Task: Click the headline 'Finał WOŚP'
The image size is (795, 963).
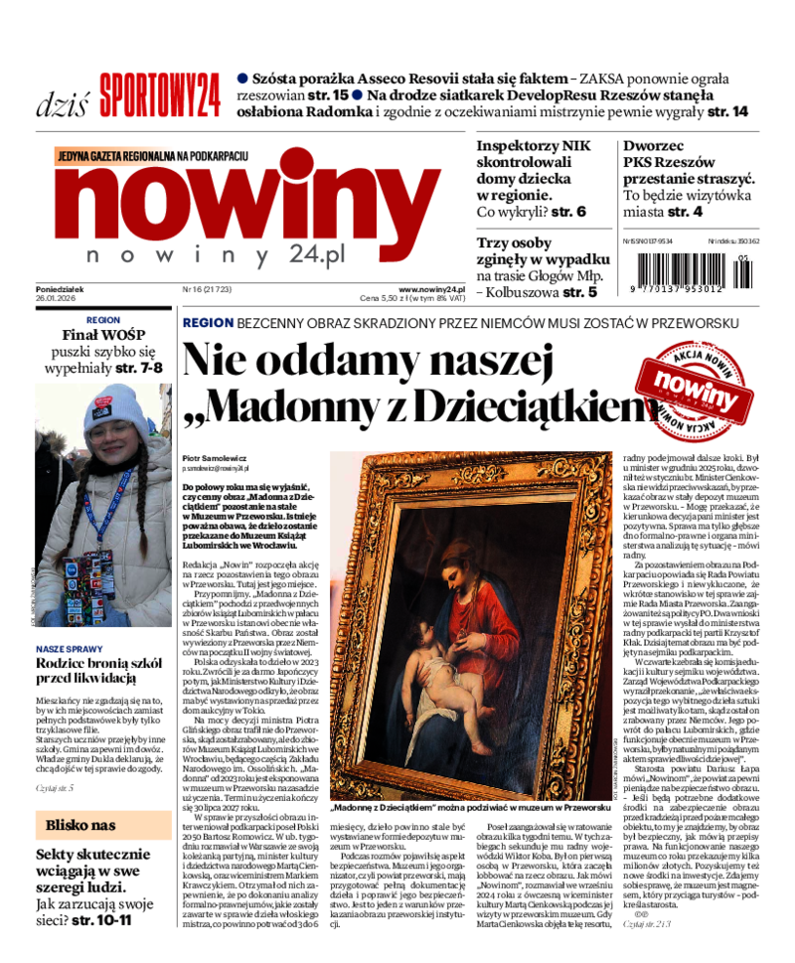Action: tap(104, 334)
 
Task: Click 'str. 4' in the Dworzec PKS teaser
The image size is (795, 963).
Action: tap(684, 212)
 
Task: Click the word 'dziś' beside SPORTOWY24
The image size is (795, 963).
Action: tap(63, 102)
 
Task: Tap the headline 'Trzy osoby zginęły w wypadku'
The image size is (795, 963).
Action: tap(537, 251)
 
